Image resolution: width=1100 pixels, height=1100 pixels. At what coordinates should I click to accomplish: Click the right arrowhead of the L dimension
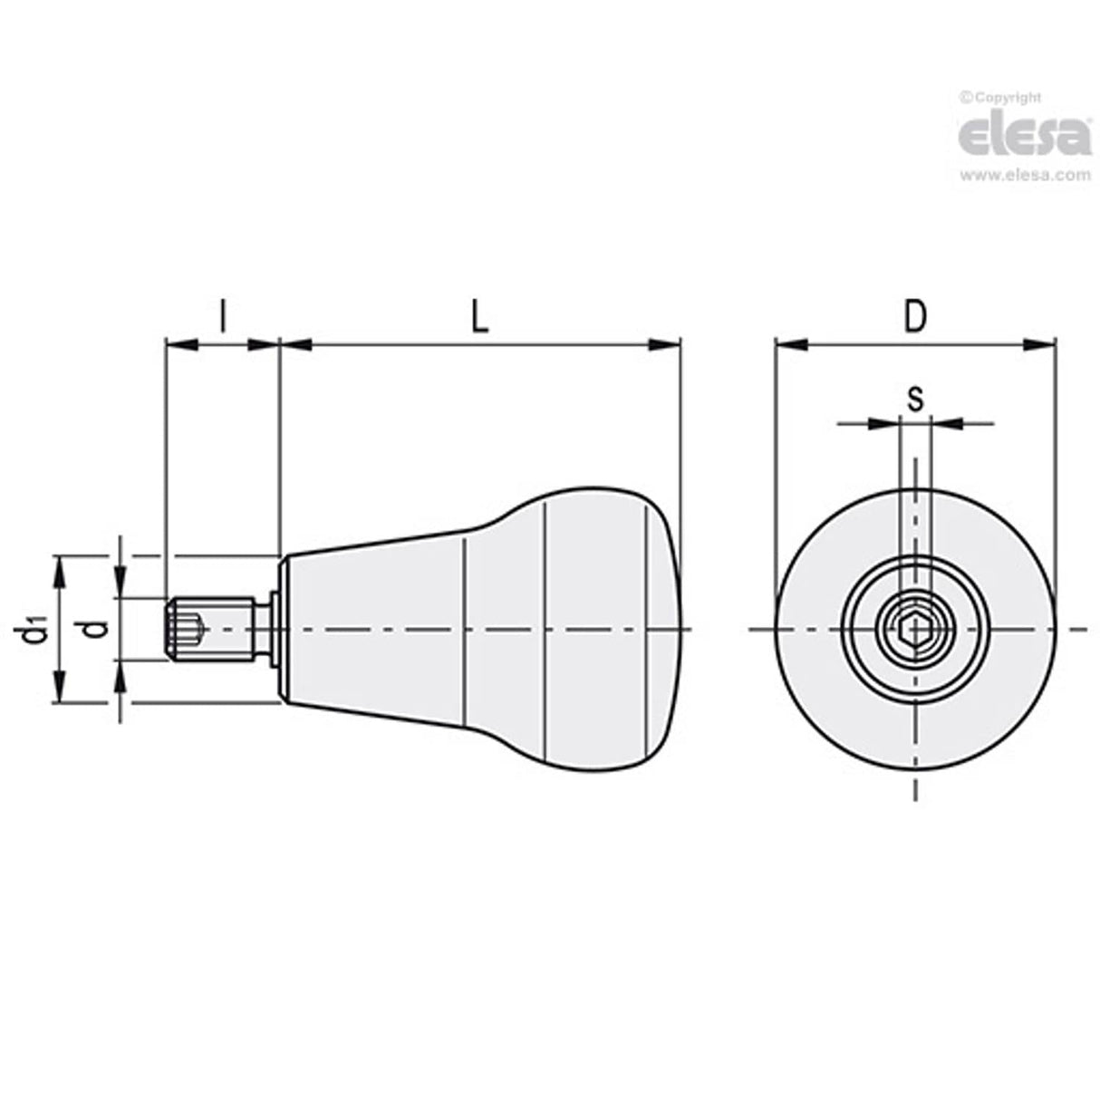click(x=667, y=344)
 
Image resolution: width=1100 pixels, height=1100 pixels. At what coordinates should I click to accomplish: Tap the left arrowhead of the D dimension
click(x=790, y=344)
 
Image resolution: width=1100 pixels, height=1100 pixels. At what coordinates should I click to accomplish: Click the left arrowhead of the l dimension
click(x=179, y=344)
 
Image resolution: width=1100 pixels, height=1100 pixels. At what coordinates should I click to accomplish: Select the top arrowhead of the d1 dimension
click(x=61, y=568)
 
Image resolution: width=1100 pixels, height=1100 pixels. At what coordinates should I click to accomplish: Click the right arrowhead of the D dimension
click(x=1041, y=344)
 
